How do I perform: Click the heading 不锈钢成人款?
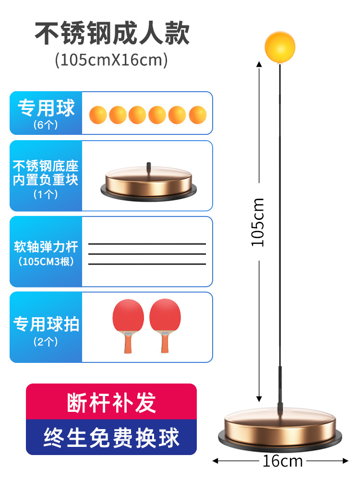[112, 33]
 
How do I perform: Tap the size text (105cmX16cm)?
[111, 60]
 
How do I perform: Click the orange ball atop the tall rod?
[280, 48]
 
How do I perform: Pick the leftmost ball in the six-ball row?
[98, 115]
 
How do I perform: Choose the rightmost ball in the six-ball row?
[197, 115]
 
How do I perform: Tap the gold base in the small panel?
[149, 182]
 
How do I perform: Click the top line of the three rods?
[147, 244]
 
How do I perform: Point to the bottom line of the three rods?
[147, 264]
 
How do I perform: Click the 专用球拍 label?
[46, 324]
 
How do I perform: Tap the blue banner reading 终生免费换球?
[111, 437]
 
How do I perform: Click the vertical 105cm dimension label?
[259, 222]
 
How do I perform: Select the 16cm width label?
[282, 461]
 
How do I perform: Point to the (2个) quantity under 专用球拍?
[46, 342]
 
